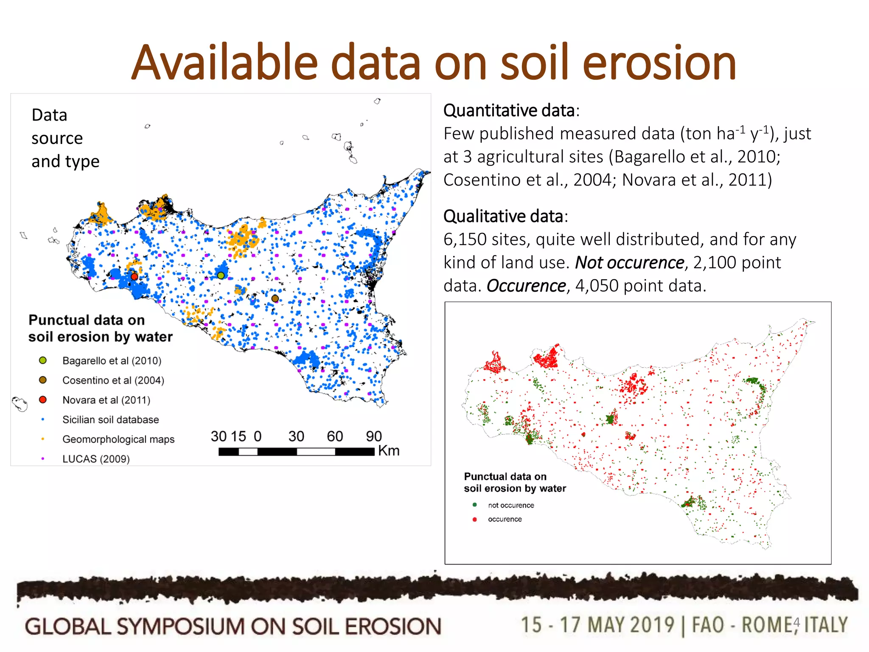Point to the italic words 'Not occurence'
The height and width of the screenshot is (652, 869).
[x=630, y=263]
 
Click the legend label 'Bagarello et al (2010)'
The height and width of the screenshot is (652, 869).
[x=112, y=361]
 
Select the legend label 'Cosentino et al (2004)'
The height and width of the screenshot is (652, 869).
[x=113, y=380]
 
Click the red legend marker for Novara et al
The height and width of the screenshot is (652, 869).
[x=43, y=400]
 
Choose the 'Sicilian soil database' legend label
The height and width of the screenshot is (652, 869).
[x=111, y=420]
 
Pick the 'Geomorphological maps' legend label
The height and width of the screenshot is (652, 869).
[x=118, y=439]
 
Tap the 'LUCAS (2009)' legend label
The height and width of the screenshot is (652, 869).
[x=96, y=459]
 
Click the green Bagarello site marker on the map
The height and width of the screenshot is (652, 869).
[x=221, y=275]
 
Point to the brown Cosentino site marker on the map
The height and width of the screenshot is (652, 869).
[x=275, y=298]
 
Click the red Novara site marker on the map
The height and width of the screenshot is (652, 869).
[x=134, y=277]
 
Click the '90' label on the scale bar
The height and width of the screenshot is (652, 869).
[x=374, y=436]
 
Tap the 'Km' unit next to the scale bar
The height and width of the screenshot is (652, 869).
[x=389, y=450]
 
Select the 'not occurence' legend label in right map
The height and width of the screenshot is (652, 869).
[x=511, y=505]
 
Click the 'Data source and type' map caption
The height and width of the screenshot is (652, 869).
[x=65, y=138]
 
